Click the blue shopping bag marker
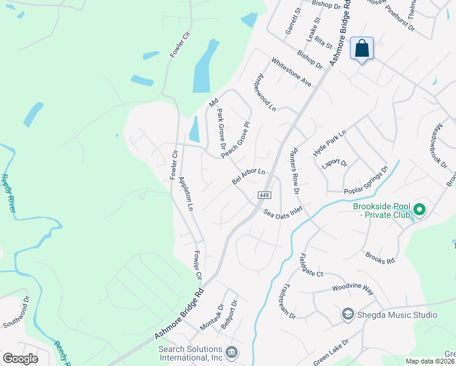[362, 48]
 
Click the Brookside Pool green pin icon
[419, 210]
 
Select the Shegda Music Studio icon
[347, 315]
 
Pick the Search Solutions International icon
[232, 353]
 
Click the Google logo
[20, 359]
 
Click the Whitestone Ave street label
[291, 73]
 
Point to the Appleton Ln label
[186, 194]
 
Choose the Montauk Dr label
[212, 318]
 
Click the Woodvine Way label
[352, 289]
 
